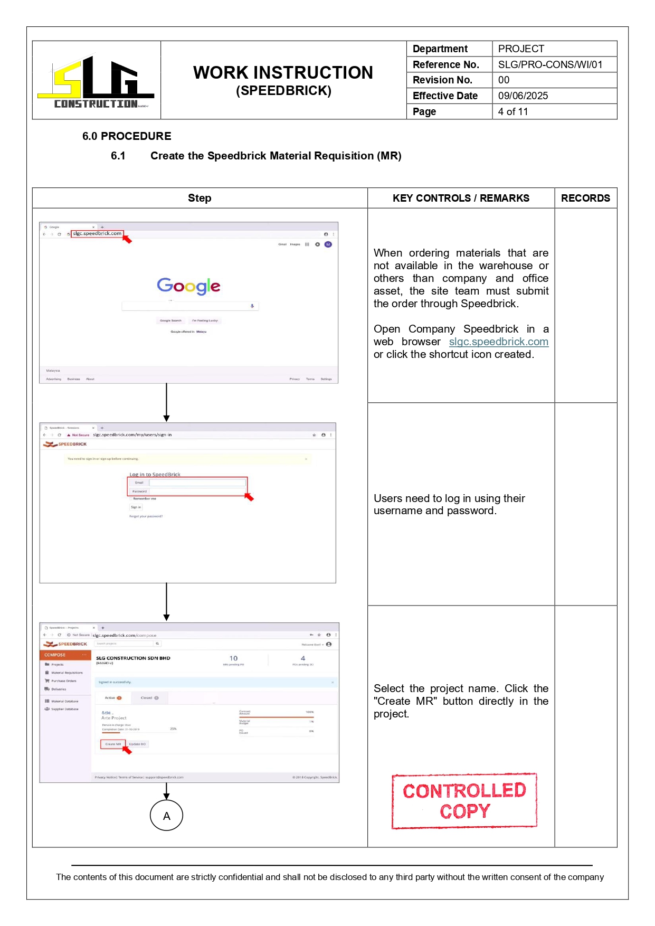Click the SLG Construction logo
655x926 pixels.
[96, 82]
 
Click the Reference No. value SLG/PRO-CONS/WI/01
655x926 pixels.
[550, 64]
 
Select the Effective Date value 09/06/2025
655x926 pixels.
[523, 96]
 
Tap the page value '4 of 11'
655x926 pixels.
[512, 111]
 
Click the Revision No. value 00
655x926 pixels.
[504, 80]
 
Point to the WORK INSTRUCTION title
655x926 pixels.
[283, 73]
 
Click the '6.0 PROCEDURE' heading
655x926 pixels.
[127, 136]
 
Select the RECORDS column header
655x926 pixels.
[585, 198]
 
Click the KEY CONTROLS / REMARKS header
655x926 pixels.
[460, 198]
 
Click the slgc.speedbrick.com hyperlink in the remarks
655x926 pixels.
[498, 342]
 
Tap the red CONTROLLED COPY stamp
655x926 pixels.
[464, 801]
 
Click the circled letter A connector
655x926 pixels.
[166, 816]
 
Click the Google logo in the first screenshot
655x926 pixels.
[188, 286]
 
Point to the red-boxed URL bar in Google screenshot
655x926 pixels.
[97, 233]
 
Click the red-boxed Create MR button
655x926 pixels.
[112, 744]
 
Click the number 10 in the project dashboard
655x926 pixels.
[233, 658]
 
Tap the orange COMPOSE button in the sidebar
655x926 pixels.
[64, 655]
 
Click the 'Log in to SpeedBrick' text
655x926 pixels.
[155, 475]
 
